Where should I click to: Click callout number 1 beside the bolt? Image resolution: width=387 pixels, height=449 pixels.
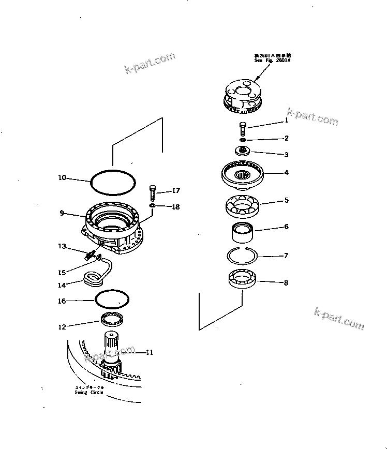[286, 121]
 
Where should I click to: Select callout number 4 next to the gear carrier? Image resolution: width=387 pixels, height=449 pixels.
[286, 172]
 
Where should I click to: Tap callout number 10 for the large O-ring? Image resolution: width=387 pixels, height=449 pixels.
[62, 178]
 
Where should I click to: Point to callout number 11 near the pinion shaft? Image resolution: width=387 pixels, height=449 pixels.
[149, 353]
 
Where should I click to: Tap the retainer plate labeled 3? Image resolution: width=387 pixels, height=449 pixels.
[242, 151]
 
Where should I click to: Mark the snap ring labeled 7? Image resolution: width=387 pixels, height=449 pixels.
[242, 255]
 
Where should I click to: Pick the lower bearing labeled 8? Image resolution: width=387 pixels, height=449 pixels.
[242, 279]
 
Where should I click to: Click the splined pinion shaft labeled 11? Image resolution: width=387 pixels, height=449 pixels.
[112, 347]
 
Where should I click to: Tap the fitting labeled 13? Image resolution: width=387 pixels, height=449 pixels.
[92, 253]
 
